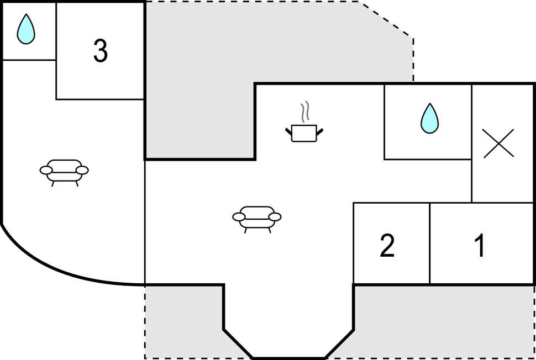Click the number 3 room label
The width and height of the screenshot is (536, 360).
(x=101, y=51)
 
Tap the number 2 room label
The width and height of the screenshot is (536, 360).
(x=387, y=245)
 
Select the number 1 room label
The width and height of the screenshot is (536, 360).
(x=480, y=245)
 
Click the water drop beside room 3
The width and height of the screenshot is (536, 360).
(x=26, y=29)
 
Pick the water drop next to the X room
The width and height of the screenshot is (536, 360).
(x=430, y=118)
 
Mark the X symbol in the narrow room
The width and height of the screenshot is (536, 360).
(x=499, y=144)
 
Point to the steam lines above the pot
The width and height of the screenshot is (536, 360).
(x=305, y=112)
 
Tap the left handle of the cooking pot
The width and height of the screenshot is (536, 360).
(x=288, y=132)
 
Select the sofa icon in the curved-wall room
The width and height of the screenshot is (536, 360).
(x=64, y=172)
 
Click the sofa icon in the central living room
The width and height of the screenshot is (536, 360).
(x=257, y=219)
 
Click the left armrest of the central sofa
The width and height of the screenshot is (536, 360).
(x=239, y=217)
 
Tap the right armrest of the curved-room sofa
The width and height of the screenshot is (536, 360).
(x=82, y=170)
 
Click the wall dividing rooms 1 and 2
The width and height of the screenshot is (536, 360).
(x=430, y=243)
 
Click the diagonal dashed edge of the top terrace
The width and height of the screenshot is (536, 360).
(x=386, y=19)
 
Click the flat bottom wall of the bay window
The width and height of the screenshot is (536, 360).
(x=289, y=358)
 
